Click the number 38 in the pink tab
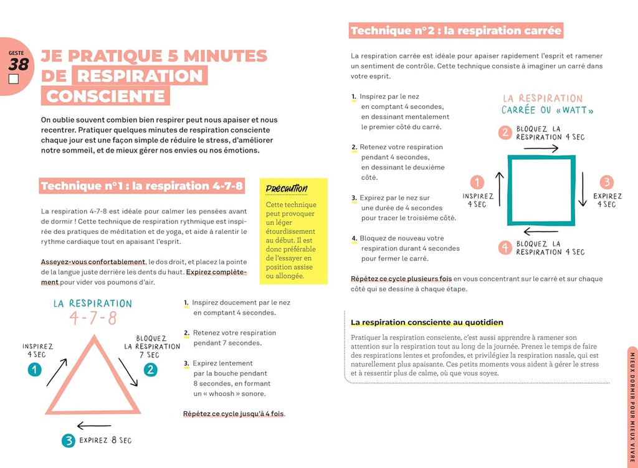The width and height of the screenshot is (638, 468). [x=19, y=64]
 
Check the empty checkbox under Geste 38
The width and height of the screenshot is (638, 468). [x=14, y=80]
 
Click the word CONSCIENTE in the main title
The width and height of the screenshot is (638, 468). [x=106, y=96]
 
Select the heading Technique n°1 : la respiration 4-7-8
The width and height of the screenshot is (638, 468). [x=141, y=185]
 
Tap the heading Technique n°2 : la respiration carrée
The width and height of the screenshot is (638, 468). [x=456, y=30]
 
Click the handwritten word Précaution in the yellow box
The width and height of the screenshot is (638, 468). [x=286, y=189]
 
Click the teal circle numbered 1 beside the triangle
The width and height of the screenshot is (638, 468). [x=34, y=370]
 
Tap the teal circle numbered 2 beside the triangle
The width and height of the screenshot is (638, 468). [x=150, y=370]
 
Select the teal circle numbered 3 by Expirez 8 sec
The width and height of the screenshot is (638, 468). [x=69, y=441]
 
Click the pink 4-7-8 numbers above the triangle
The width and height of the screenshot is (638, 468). [x=93, y=319]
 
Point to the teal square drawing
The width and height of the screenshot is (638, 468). [x=541, y=190]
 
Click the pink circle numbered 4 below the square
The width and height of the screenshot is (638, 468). [x=505, y=247]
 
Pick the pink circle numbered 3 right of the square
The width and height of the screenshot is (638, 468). [x=606, y=182]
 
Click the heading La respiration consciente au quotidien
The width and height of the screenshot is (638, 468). [x=427, y=322]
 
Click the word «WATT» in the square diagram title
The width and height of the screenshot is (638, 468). [x=573, y=111]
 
